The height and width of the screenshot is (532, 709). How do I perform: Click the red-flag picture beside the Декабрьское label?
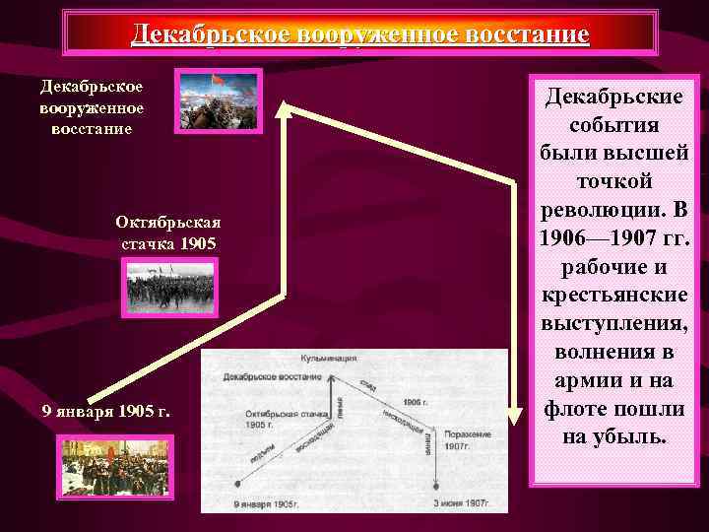(219, 100)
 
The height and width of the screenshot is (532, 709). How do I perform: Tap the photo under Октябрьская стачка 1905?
(168, 287)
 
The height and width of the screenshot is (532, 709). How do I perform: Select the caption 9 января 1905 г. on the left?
(106, 411)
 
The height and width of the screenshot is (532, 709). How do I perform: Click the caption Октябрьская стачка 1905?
(167, 232)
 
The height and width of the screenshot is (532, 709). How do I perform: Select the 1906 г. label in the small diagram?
(417, 404)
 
